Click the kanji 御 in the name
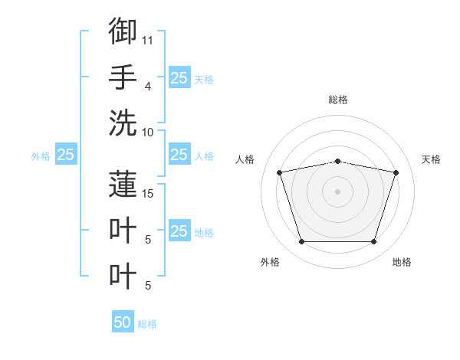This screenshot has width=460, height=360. click(123, 31)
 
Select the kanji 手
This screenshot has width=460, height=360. click(123, 77)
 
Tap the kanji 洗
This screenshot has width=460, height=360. click(123, 123)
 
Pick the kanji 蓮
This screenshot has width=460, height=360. click(123, 184)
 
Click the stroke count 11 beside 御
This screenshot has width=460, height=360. click(147, 41)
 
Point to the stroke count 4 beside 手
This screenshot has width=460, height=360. click(148, 87)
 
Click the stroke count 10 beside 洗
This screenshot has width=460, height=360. click(147, 133)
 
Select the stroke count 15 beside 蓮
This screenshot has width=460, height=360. click(147, 194)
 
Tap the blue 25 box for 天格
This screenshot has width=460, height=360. click(179, 77)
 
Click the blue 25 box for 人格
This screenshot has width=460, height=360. click(179, 154)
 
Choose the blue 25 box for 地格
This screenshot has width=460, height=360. click(179, 230)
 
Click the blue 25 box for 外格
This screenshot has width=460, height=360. click(66, 154)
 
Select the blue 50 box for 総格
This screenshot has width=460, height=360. click(123, 321)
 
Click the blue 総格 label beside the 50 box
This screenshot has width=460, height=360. click(147, 324)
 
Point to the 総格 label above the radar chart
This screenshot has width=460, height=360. click(338, 100)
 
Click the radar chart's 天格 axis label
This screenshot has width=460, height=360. click(431, 159)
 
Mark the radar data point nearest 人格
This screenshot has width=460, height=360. click(279, 172)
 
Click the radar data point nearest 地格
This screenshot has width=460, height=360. click(374, 242)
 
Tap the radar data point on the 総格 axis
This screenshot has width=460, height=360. click(337, 162)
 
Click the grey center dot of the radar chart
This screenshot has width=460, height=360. click(337, 191)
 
